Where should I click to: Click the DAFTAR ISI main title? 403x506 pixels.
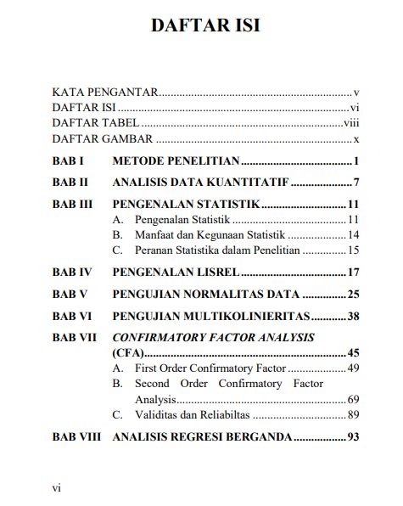(205, 25)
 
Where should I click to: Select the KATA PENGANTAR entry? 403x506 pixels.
(106, 92)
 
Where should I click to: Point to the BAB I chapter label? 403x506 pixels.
(67, 160)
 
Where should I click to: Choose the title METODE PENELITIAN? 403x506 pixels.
(176, 160)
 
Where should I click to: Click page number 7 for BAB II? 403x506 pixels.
(358, 183)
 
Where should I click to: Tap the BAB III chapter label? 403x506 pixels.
(71, 205)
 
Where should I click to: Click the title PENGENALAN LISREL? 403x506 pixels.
(176, 273)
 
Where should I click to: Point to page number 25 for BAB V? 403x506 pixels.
(355, 295)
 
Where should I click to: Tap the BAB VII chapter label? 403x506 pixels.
(74, 338)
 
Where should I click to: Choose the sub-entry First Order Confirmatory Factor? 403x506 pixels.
(210, 368)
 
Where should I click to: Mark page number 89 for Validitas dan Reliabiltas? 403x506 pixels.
(354, 414)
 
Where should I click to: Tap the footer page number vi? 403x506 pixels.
(56, 488)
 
